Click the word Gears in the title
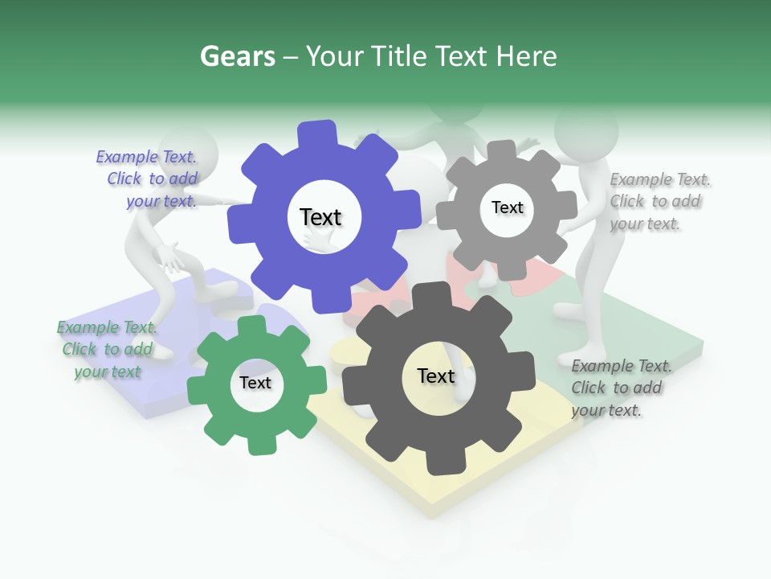pyautogui.click(x=237, y=56)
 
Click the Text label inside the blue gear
pyautogui.click(x=320, y=217)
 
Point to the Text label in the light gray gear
pyautogui.click(x=507, y=207)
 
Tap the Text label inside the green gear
pyautogui.click(x=255, y=383)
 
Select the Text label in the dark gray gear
pyautogui.click(x=436, y=376)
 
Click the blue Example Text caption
pyautogui.click(x=153, y=179)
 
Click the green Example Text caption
pyautogui.click(x=107, y=349)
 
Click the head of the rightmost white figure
pyautogui.click(x=586, y=129)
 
